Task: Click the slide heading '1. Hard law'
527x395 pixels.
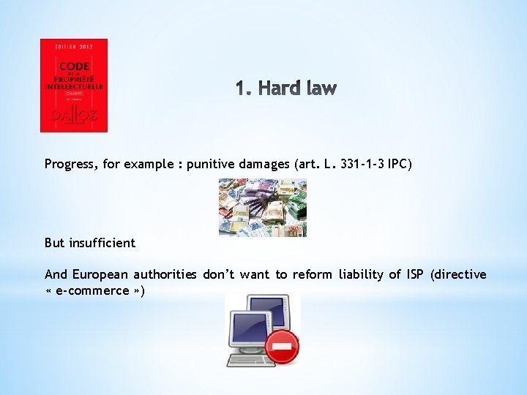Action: [x=286, y=89]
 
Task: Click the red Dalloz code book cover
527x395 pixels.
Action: [x=73, y=85]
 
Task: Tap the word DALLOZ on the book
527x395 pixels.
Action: [x=73, y=115]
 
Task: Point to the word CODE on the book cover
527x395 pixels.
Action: [x=74, y=65]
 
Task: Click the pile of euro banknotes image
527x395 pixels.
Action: [x=262, y=208]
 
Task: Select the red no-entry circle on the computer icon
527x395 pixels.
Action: [x=282, y=346]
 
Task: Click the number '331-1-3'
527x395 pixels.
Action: [x=360, y=165]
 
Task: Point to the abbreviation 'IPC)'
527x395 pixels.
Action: [x=400, y=165]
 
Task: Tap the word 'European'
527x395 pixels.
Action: [x=99, y=274]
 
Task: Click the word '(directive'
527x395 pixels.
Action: [x=459, y=274]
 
